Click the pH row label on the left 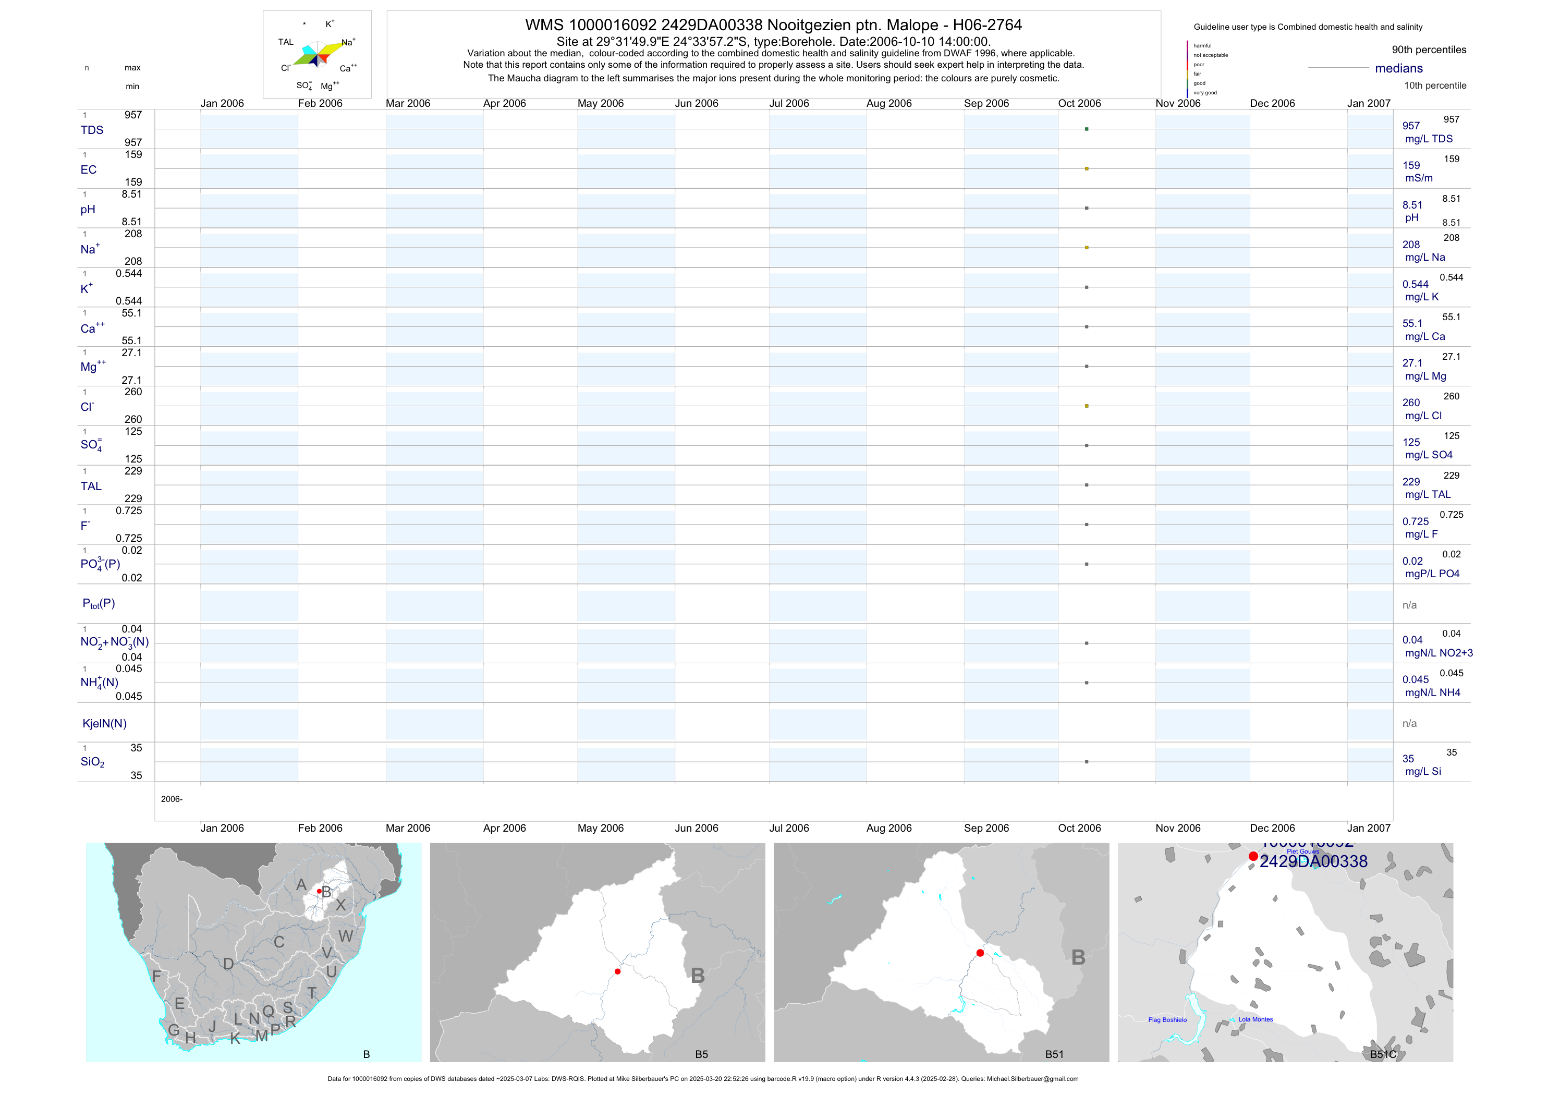[88, 210]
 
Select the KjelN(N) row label [104, 724]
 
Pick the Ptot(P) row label [99, 603]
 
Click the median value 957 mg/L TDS [1410, 126]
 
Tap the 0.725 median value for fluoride [1415, 521]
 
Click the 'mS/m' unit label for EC [1419, 178]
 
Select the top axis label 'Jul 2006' [789, 103]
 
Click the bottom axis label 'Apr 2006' [504, 828]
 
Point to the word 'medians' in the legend [1398, 68]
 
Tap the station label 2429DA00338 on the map [1313, 862]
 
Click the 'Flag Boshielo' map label [1167, 1019]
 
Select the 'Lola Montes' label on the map [1256, 1019]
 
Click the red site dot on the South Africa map [319, 891]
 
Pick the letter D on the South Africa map [228, 964]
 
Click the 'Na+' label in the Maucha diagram [348, 42]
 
